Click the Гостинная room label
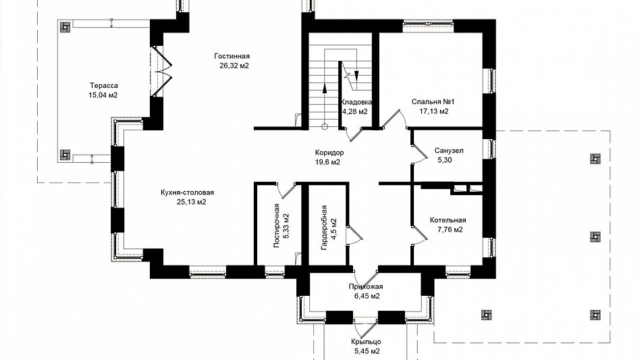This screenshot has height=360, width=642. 232,56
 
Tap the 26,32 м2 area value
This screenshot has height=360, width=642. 234,66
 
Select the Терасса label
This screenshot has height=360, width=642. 104,86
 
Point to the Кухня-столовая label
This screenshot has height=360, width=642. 188,192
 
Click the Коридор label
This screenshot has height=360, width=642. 329,153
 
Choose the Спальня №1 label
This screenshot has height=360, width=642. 433,101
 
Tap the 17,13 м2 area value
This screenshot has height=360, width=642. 434,111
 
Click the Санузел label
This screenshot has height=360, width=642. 449,151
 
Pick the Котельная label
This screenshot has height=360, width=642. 448,220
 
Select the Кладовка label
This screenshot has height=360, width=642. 356,102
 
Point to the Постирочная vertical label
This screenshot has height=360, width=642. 277,226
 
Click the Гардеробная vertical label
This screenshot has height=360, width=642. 324,228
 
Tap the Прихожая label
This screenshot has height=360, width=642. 366,286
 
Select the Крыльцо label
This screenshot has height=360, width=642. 366,342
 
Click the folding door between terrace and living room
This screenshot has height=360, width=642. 163,72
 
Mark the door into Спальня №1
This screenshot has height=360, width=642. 394,120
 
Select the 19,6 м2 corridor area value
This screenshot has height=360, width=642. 327,162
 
